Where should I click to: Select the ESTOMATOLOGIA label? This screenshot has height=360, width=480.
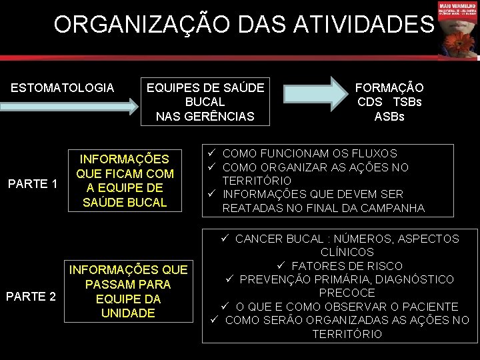(63, 87)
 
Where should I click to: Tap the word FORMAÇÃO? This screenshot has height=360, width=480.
(389, 87)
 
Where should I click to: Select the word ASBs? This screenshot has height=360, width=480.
(389, 117)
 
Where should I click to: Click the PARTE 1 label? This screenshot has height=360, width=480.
(32, 183)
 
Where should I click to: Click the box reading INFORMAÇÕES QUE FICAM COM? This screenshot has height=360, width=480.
(125, 181)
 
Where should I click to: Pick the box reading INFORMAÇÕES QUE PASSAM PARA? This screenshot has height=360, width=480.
(129, 291)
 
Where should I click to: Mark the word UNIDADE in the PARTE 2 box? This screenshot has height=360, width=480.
(128, 313)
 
